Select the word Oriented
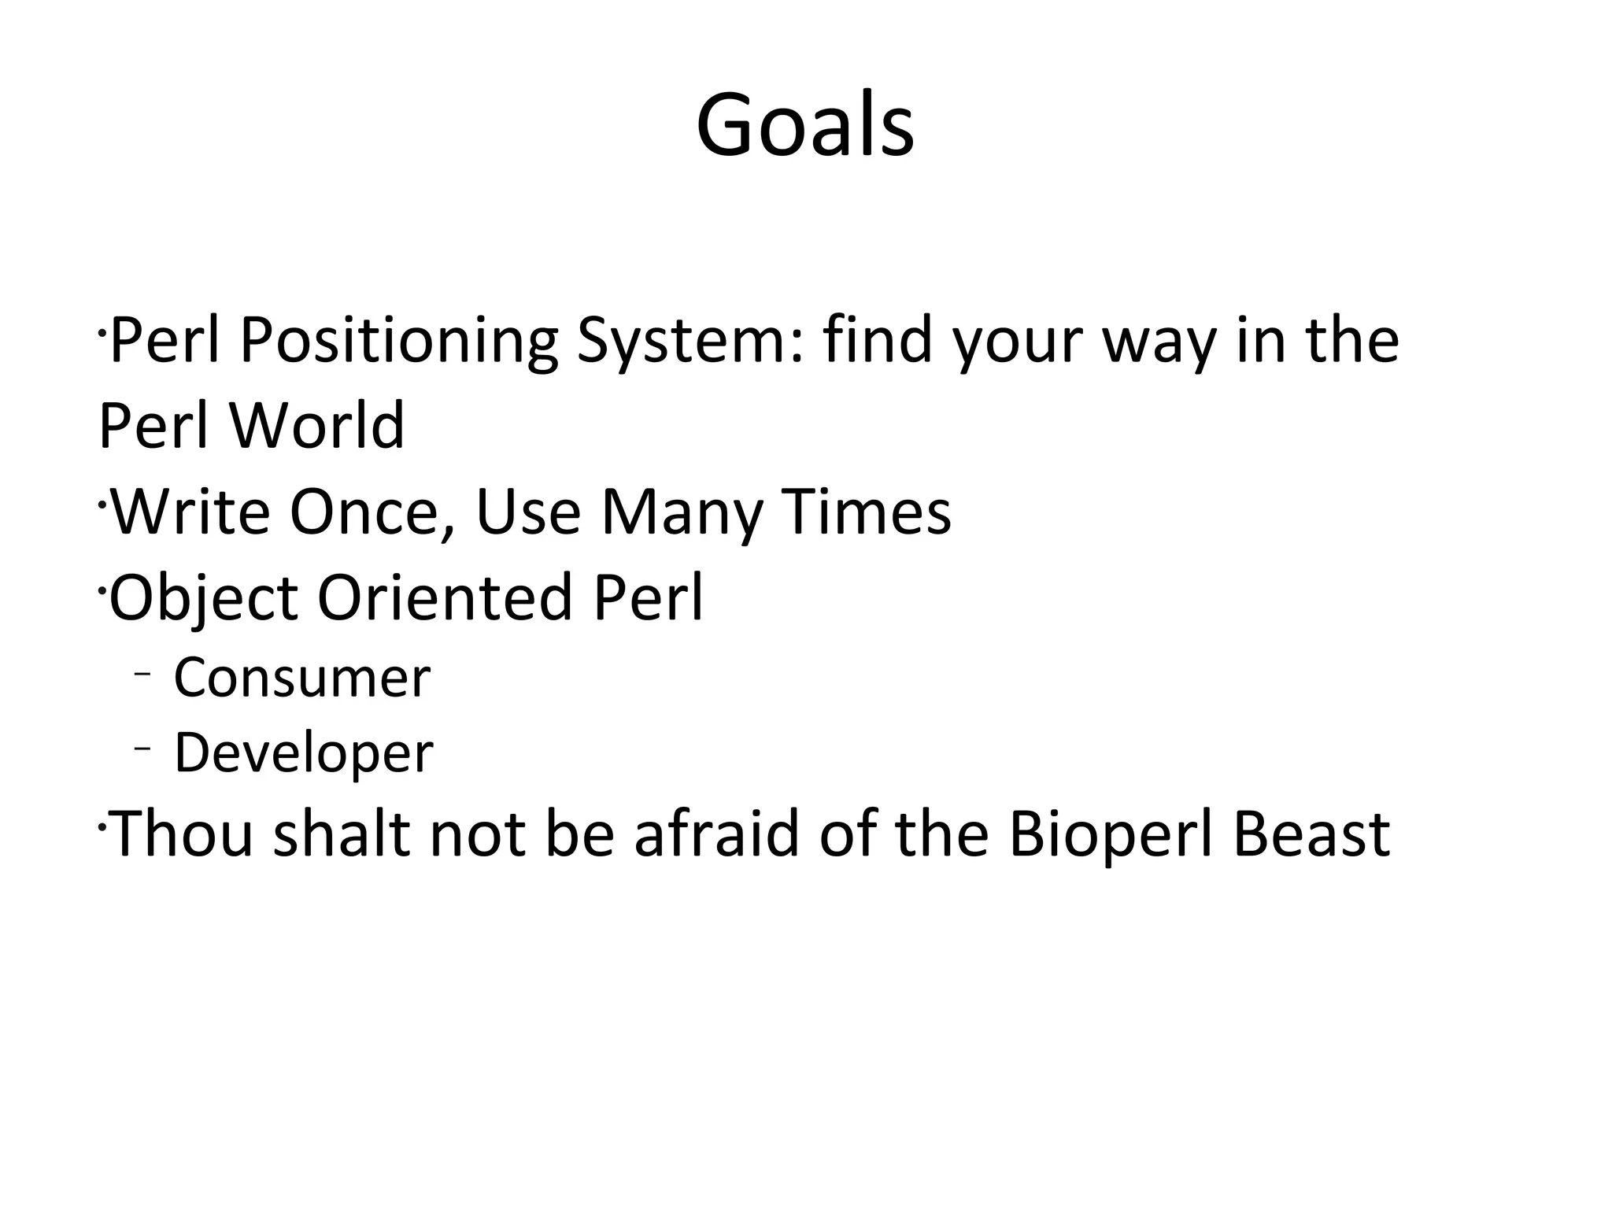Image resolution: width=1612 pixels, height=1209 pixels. coord(444,597)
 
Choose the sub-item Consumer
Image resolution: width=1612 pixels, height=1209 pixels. coord(301,678)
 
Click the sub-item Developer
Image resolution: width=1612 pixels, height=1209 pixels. coord(303,752)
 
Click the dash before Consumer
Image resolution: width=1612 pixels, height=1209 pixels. coord(142,674)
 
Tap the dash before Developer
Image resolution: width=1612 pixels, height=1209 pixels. coord(142,748)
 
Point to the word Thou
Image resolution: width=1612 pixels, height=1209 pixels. coord(183,834)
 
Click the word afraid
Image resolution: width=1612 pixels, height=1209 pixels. coord(716,834)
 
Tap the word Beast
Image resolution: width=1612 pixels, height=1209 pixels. coord(1311,834)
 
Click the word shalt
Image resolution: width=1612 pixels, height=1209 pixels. coord(340,834)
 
